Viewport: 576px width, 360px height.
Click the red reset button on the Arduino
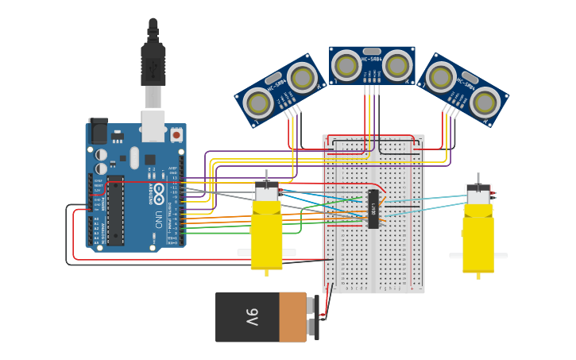pyautogui.click(x=176, y=135)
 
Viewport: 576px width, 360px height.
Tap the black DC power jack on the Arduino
pyautogui.click(x=99, y=130)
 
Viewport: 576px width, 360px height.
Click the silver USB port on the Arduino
pyautogui.click(x=153, y=126)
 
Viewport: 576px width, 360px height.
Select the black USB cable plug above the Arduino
pyautogui.click(x=153, y=64)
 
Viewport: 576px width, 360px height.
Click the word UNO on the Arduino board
pyautogui.click(x=158, y=215)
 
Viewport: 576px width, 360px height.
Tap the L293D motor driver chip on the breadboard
pyautogui.click(x=373, y=209)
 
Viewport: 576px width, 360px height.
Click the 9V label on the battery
pyautogui.click(x=251, y=317)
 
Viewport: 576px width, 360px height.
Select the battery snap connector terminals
pyautogui.click(x=317, y=317)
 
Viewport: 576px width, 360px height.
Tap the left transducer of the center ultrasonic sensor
pyautogui.click(x=346, y=65)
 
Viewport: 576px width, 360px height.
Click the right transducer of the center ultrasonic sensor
pyautogui.click(x=397, y=65)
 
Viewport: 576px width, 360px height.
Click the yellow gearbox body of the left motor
pyautogui.click(x=266, y=234)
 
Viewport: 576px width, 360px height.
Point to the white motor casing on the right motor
pyautogui.click(x=478, y=195)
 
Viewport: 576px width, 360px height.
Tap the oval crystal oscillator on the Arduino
pyautogui.click(x=134, y=156)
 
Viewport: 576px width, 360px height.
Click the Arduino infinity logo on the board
pyautogui.click(x=158, y=192)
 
